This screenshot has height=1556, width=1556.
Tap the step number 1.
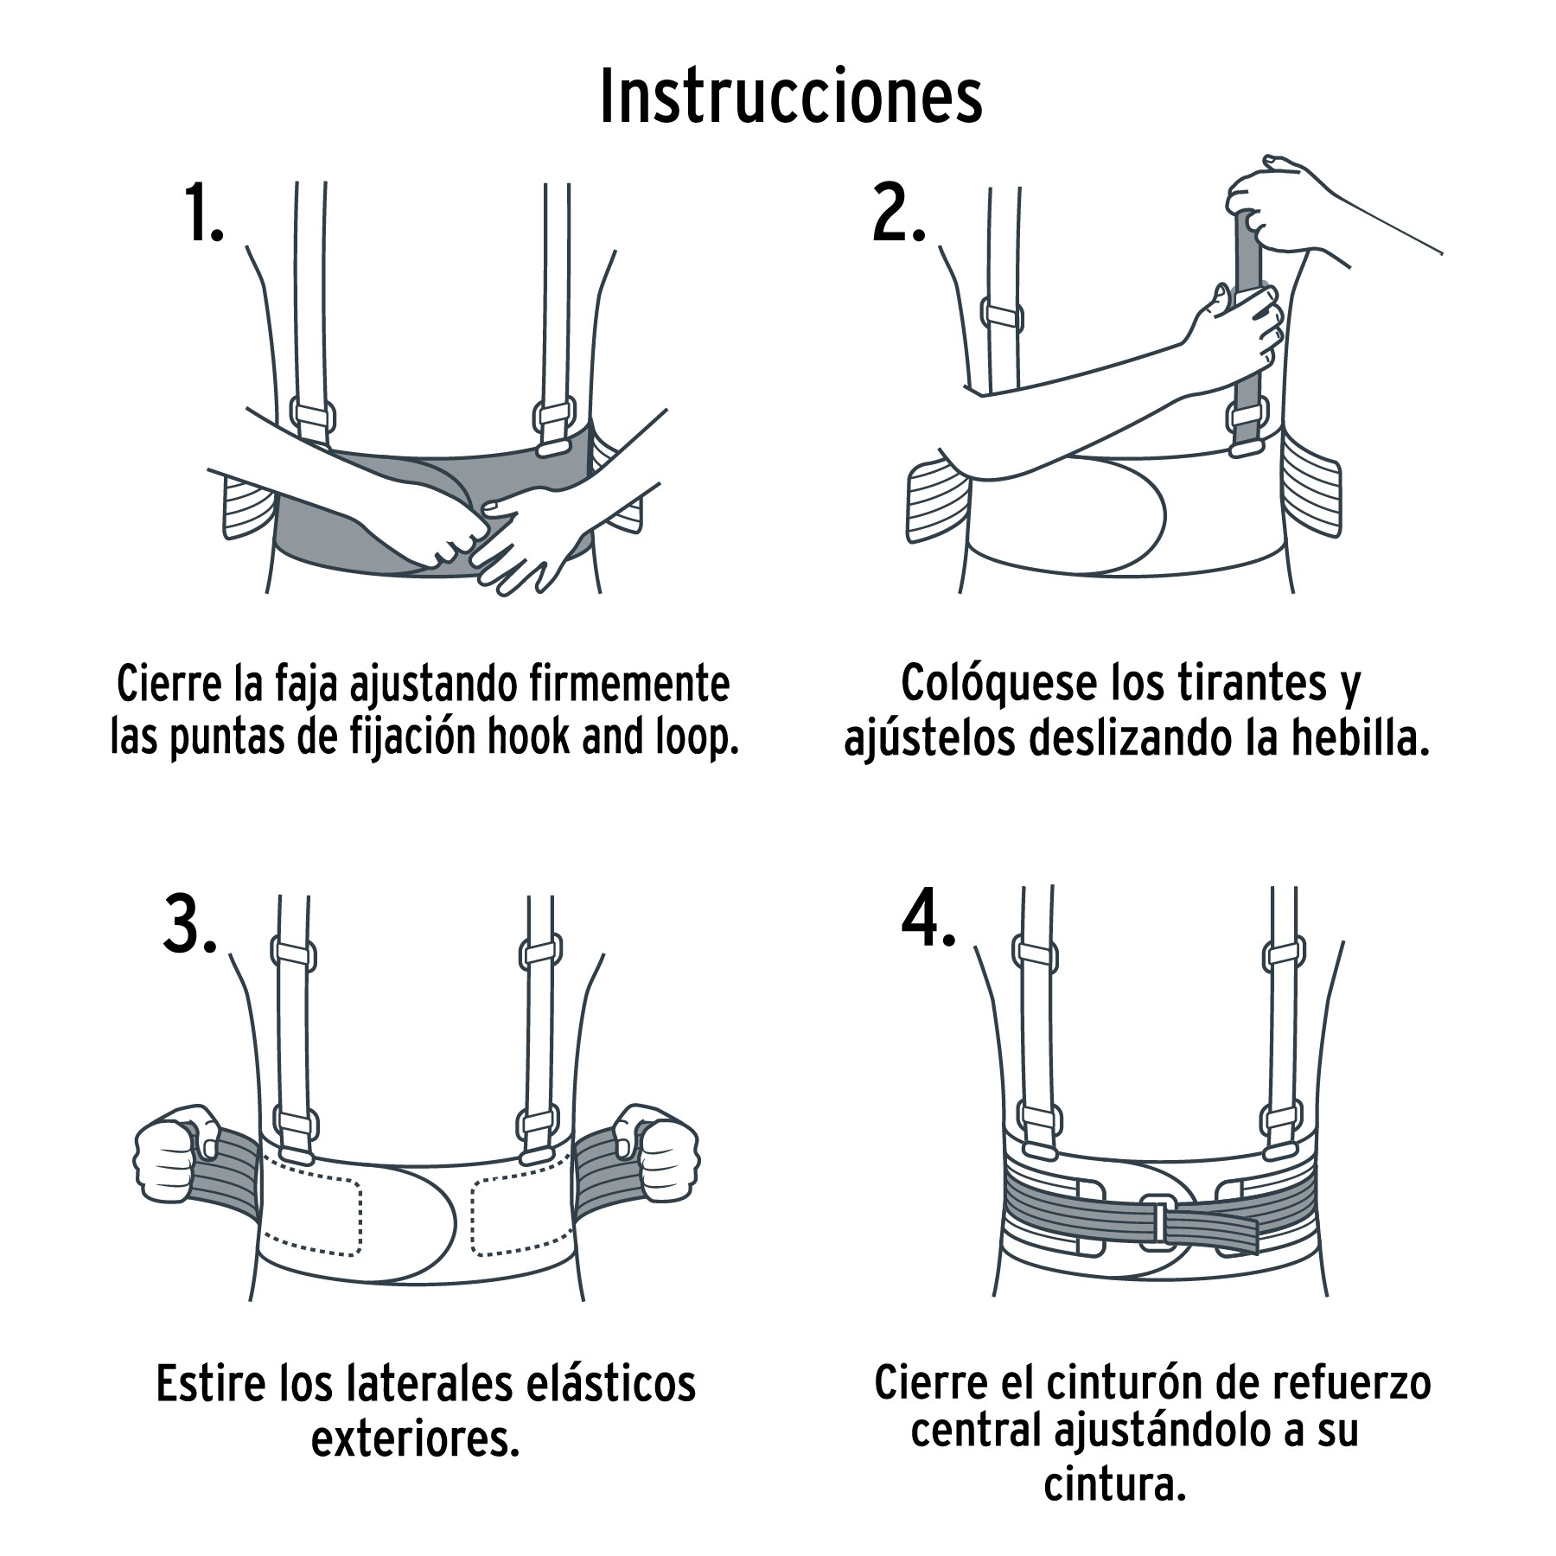[x=202, y=214]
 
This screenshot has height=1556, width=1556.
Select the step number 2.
[x=897, y=214]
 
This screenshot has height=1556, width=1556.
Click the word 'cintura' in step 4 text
[x=1113, y=1483]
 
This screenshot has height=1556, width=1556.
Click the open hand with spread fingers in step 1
[x=527, y=540]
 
